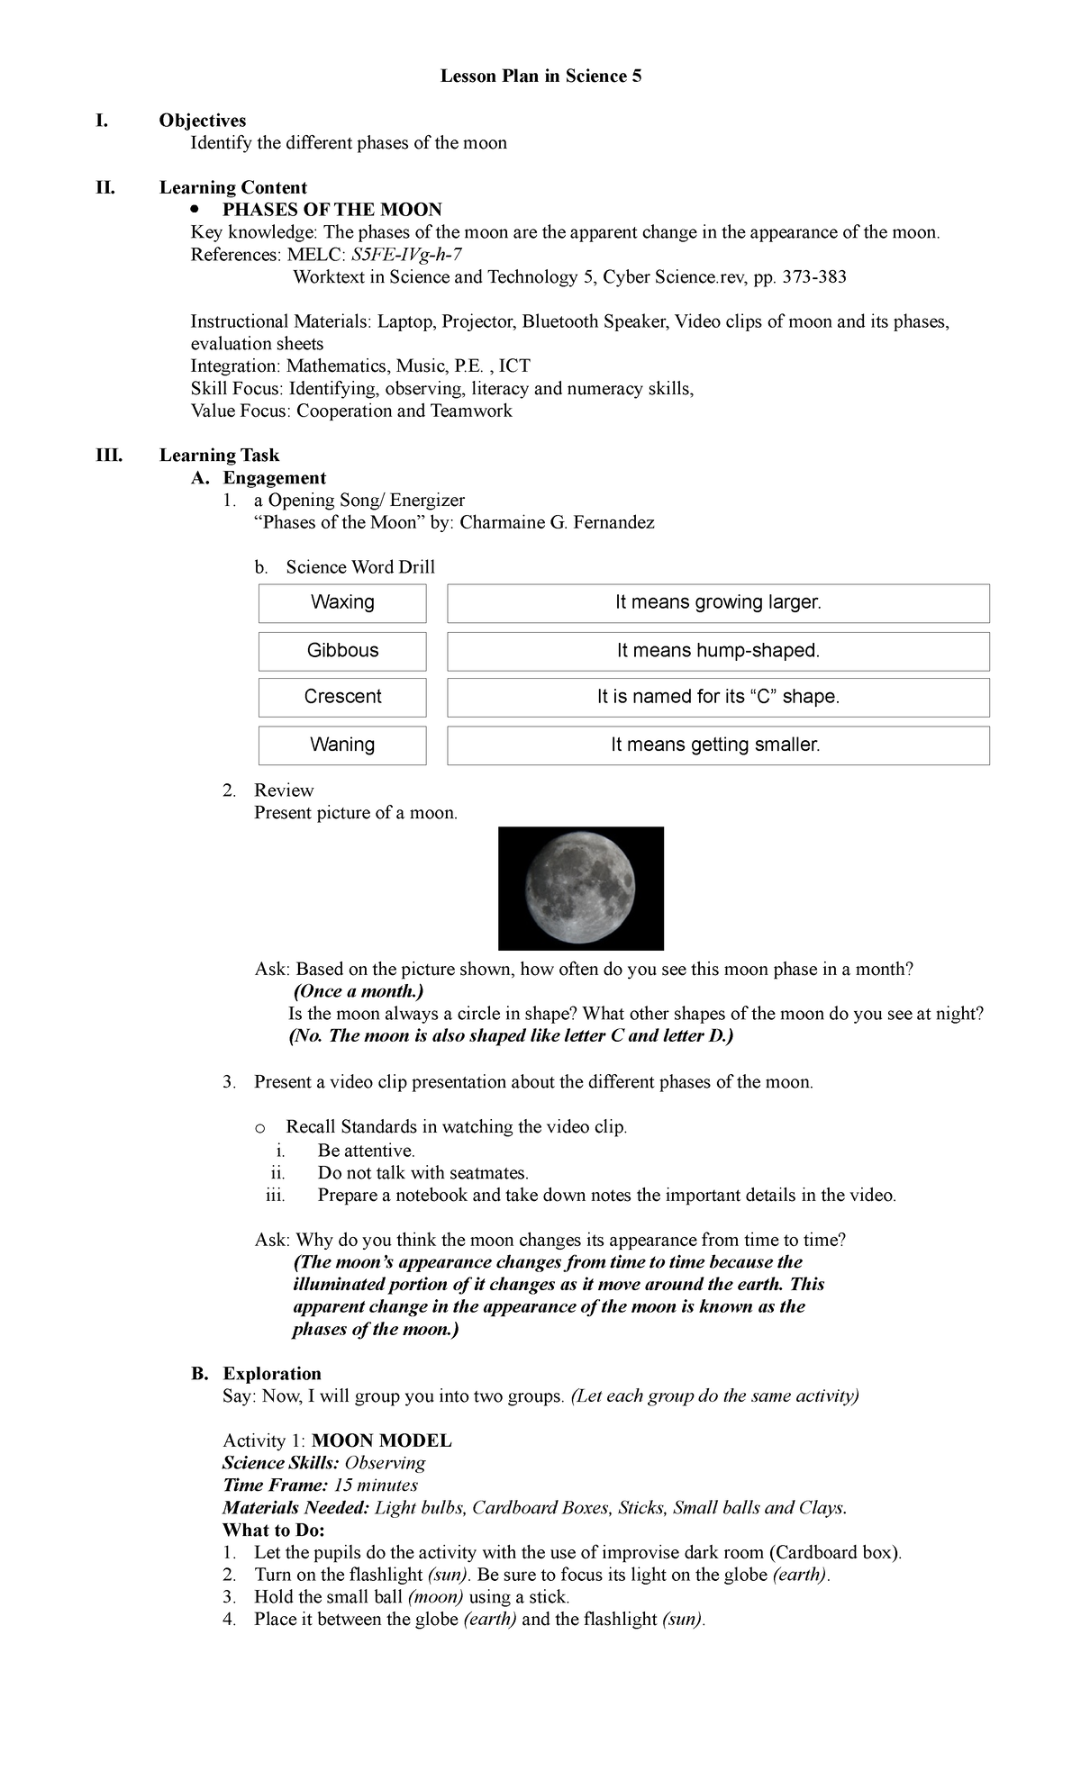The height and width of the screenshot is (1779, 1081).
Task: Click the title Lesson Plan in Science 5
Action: click(540, 77)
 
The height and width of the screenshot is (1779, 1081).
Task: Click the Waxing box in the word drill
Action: click(342, 602)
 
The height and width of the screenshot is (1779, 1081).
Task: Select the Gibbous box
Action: click(342, 650)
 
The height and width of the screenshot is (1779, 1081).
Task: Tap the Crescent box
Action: click(342, 697)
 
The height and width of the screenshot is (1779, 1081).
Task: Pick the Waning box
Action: click(342, 745)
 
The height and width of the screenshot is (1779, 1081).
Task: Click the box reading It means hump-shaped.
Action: click(718, 650)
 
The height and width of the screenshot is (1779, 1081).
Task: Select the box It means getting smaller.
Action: click(718, 745)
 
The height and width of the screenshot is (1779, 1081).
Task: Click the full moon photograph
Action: click(581, 889)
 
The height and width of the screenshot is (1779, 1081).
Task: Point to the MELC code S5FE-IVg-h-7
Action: click(407, 255)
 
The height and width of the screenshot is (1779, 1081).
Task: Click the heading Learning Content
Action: click(233, 188)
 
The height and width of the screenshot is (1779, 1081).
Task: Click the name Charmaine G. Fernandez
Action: click(557, 522)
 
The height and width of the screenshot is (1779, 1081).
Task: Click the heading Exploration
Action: click(272, 1374)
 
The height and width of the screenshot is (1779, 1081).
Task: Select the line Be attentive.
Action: click(367, 1151)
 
